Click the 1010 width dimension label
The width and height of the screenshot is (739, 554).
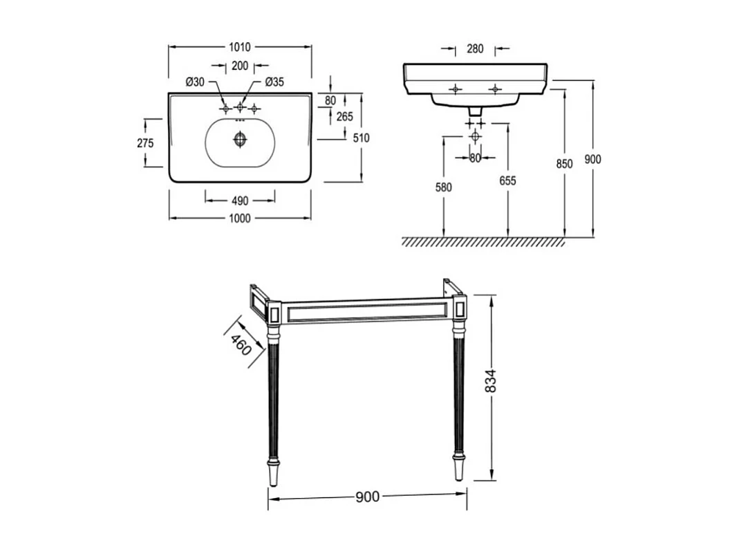point(240,48)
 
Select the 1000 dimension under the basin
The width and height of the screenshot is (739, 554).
point(240,219)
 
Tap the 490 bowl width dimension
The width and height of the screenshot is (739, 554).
point(240,201)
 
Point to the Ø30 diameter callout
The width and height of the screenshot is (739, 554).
point(195,82)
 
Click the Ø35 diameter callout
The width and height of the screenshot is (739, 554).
point(274,82)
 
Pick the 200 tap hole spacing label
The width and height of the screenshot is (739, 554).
point(240,66)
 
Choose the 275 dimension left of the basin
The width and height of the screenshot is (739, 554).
point(144,143)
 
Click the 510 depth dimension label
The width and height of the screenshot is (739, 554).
point(361,138)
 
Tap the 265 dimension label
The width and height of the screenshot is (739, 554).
point(345,117)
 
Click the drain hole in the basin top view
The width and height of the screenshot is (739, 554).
point(240,139)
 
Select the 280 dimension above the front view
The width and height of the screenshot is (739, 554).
point(475,49)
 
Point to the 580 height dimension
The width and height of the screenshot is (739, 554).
point(443,187)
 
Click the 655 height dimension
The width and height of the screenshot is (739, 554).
point(507,181)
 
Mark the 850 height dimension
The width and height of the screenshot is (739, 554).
point(565,164)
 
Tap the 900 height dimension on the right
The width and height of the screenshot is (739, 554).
point(592,159)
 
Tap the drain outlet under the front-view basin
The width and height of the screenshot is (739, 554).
point(475,110)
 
